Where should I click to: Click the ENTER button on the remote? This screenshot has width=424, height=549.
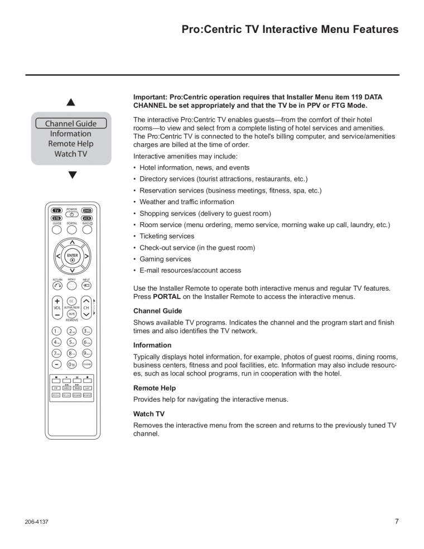[x=72, y=257]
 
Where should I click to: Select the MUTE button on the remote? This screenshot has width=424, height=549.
[x=72, y=314]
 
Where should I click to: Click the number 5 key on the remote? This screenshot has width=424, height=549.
[x=72, y=342]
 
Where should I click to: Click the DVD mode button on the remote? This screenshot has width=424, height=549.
[x=86, y=211]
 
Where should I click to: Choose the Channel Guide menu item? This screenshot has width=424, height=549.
[x=71, y=124]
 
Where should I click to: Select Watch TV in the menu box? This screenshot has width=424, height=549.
[x=71, y=154]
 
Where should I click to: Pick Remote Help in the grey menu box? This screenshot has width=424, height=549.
[x=71, y=144]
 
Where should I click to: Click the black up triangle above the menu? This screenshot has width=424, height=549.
[x=71, y=103]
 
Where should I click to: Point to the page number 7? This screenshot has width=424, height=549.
[x=397, y=522]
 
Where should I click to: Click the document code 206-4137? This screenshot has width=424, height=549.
[x=36, y=522]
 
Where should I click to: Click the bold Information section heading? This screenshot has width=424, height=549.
[x=152, y=345]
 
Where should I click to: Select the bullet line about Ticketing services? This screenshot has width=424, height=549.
[x=167, y=236]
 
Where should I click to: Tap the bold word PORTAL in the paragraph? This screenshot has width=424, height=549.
[x=167, y=297]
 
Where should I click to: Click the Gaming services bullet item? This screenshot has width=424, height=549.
[x=165, y=259]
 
